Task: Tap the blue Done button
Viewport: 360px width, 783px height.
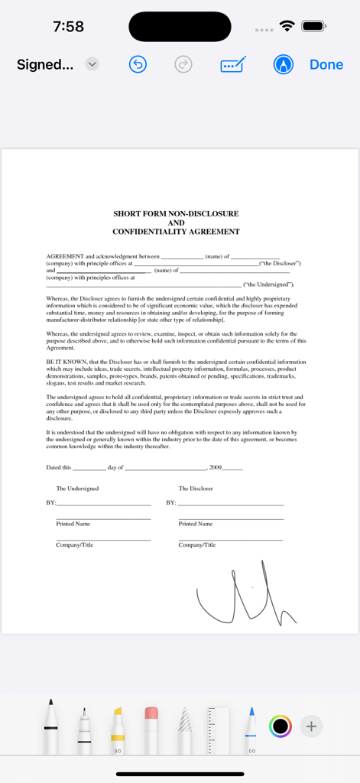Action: tap(326, 65)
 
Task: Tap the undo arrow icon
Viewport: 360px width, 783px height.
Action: tap(138, 65)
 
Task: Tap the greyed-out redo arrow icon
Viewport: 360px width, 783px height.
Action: tap(183, 65)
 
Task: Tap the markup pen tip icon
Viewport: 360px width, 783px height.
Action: tap(283, 65)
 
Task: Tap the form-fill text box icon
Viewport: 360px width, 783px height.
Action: tap(232, 65)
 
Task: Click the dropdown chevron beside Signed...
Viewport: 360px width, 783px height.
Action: tap(92, 65)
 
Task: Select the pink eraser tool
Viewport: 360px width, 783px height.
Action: tap(151, 726)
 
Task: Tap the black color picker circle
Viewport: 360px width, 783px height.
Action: tap(281, 726)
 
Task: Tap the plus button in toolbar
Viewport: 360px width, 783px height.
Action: tap(311, 726)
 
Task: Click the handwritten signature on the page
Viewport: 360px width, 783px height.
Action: tap(245, 593)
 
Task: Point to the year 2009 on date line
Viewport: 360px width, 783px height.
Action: tap(216, 467)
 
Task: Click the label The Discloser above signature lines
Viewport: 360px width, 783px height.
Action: tap(196, 488)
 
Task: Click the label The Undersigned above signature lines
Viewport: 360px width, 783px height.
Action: tap(77, 488)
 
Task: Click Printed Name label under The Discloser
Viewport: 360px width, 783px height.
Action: tap(196, 524)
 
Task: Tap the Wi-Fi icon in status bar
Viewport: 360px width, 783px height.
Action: tap(287, 26)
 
